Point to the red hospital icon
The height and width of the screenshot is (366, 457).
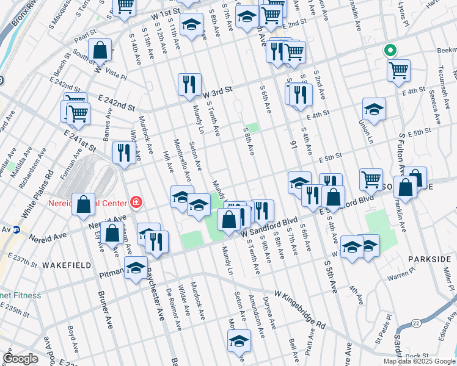click(x=136, y=203)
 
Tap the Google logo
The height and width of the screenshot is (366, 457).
click(x=20, y=359)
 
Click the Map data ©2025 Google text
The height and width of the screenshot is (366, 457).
click(x=419, y=361)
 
